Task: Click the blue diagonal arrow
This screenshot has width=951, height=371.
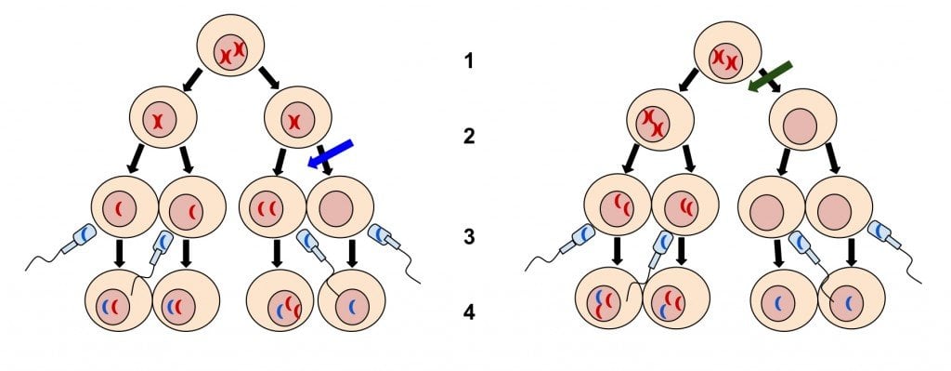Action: pyautogui.click(x=330, y=153)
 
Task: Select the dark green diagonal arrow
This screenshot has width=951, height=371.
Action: pyautogui.click(x=770, y=77)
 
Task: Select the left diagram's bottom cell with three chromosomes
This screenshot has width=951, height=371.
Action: pyautogui.click(x=283, y=305)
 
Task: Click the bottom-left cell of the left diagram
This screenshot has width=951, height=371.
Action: pyautogui.click(x=117, y=304)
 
